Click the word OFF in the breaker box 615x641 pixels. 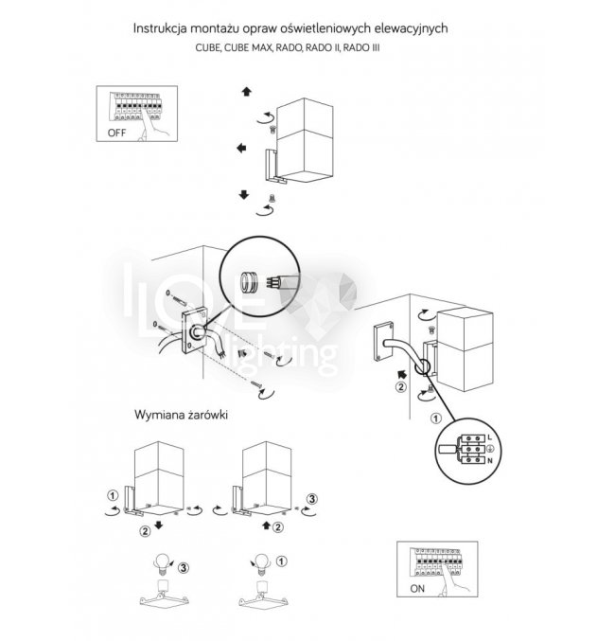click(x=115, y=134)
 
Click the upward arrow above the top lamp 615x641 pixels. click(x=246, y=93)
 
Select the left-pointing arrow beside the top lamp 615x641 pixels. click(x=242, y=149)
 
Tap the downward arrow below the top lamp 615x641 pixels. click(x=244, y=194)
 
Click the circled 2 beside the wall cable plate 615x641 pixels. click(x=401, y=386)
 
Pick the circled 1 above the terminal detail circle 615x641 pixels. click(x=435, y=417)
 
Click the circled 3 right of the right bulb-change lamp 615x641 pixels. click(x=313, y=497)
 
